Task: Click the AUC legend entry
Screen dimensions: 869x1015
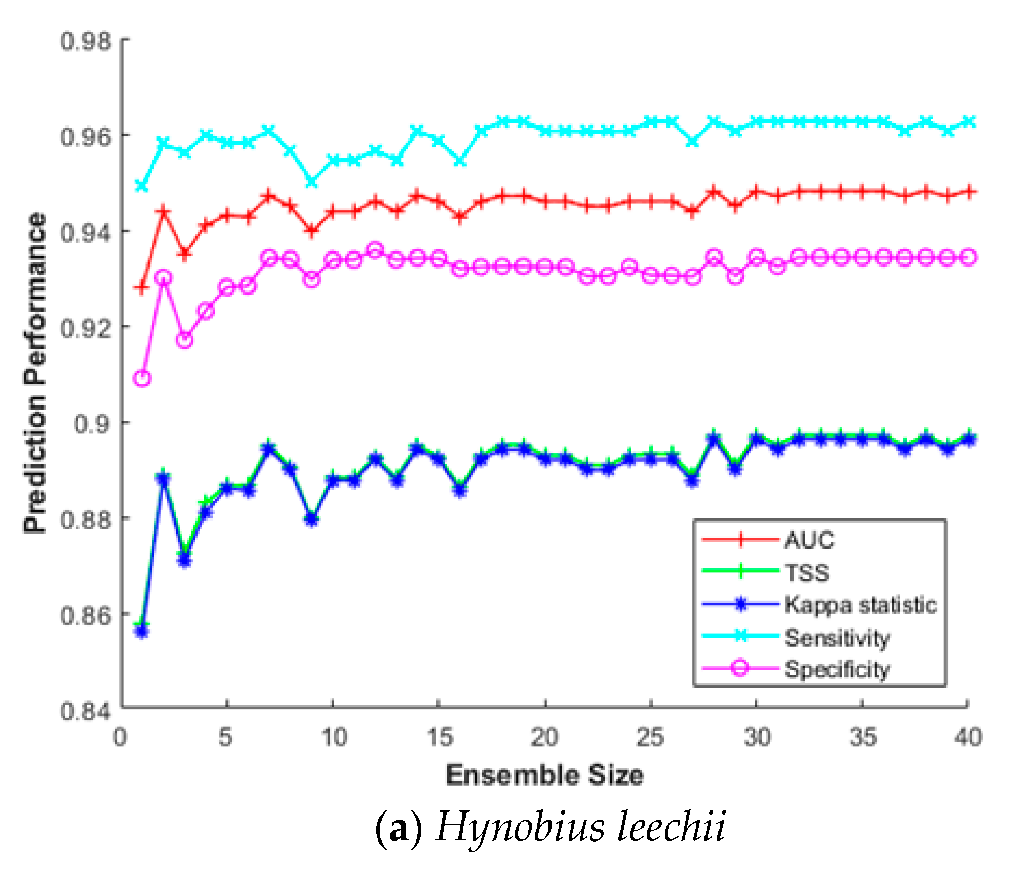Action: (809, 540)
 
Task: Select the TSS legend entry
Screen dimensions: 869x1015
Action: (807, 572)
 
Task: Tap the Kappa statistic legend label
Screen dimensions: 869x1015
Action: (861, 605)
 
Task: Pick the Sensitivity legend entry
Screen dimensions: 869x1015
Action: (837, 637)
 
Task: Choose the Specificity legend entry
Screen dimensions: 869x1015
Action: (837, 669)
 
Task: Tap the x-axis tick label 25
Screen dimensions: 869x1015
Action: (650, 737)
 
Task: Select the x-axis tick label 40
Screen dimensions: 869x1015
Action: (967, 737)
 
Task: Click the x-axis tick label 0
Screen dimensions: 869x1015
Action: (120, 737)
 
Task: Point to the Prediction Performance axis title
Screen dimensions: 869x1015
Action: (35, 372)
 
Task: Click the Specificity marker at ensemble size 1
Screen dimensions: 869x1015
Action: (142, 377)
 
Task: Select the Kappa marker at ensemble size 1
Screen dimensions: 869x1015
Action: (142, 631)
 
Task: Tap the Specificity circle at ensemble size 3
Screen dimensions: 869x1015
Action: (185, 340)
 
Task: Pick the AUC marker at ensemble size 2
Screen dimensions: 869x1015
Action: (163, 212)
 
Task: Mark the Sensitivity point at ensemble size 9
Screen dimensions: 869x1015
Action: (311, 183)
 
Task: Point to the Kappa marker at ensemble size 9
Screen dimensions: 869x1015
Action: (311, 519)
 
